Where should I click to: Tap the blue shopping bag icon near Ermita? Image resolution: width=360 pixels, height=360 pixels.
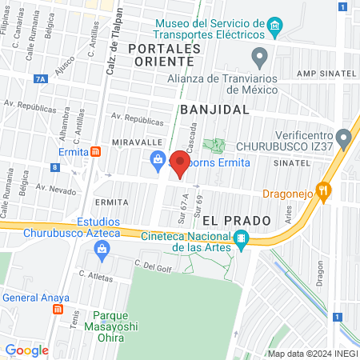point(158,162)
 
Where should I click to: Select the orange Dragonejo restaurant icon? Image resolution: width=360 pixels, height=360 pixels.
point(323,191)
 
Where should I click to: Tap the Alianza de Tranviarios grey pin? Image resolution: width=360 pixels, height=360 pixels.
point(259,57)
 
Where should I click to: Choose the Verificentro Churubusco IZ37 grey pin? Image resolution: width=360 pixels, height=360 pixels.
point(343,139)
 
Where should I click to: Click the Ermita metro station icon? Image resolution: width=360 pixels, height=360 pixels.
point(95,151)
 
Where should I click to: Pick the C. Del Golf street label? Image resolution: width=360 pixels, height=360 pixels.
point(154,266)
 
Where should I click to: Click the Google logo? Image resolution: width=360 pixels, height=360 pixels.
point(26,350)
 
